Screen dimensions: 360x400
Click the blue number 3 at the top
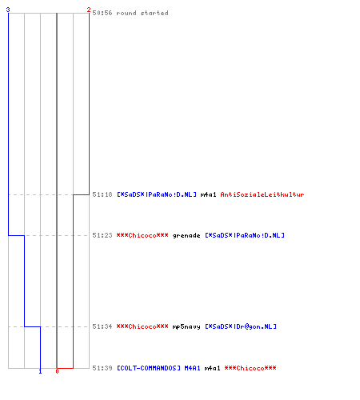coord(8,10)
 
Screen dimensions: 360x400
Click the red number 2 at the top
coord(89,10)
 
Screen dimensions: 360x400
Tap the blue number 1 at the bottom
coord(40,371)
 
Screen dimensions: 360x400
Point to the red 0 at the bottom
coord(57,371)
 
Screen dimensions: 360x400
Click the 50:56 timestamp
coord(102,13)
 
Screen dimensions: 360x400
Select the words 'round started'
coord(142,13)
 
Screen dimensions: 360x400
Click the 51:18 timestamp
coord(102,194)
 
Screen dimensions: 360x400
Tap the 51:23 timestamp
coord(102,235)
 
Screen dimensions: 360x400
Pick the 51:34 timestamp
coord(102,326)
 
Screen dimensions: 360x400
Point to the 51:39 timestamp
coord(102,368)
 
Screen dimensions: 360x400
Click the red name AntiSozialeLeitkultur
coord(262,194)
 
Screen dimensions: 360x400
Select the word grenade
coord(186,235)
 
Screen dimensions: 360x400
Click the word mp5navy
coord(186,326)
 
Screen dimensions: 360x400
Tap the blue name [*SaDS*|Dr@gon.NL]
coord(241,326)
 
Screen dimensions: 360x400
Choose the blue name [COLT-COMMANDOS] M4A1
coord(158,368)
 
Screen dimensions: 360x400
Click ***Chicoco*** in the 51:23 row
coord(142,235)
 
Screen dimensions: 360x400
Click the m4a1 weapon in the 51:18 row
coord(208,194)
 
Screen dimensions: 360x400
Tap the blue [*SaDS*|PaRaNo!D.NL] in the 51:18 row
coord(157,194)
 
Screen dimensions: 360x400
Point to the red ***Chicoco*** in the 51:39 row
coord(250,368)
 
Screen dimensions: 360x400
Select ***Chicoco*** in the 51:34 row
coord(142,326)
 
